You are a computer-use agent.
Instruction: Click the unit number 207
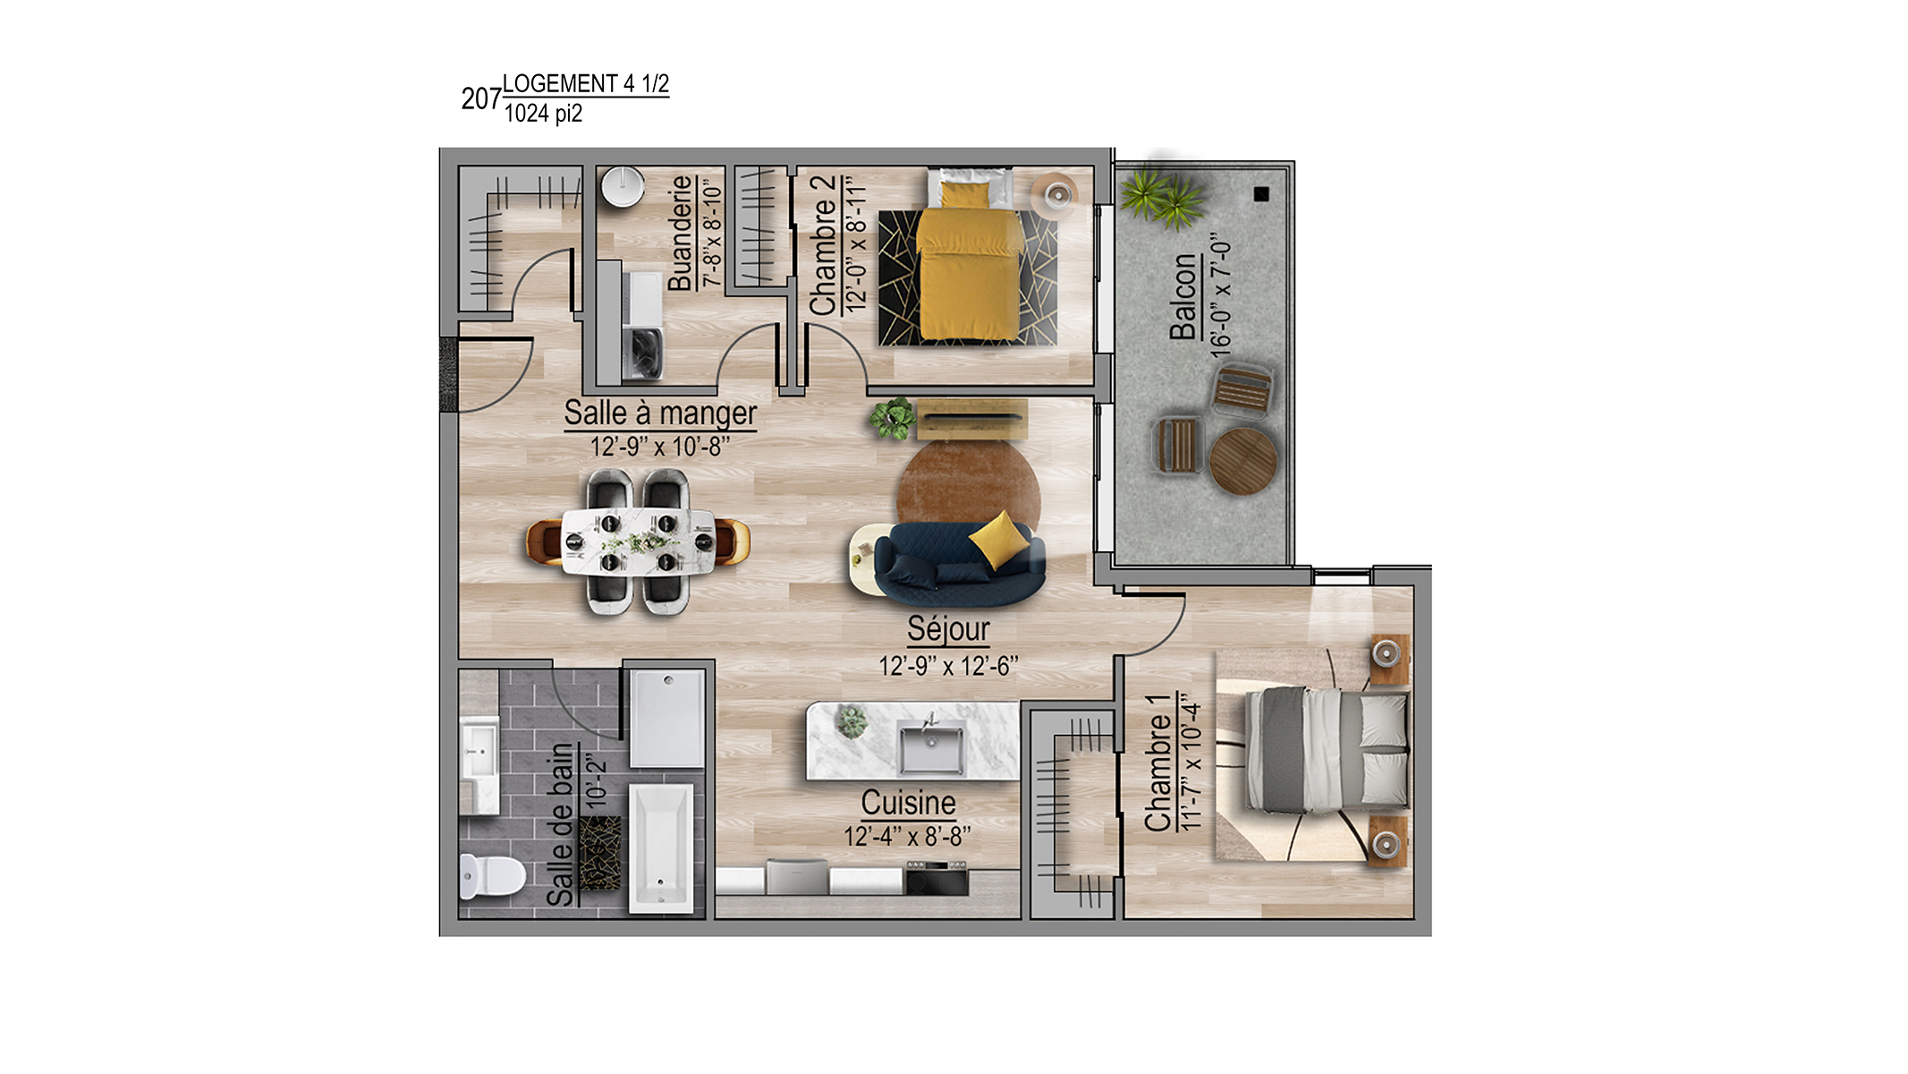pyautogui.click(x=481, y=98)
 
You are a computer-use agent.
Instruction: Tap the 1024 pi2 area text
pyautogui.click(x=543, y=114)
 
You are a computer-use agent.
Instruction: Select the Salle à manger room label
pyautogui.click(x=660, y=413)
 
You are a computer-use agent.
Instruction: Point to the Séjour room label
pyautogui.click(x=948, y=628)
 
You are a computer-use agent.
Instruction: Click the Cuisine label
pyautogui.click(x=908, y=803)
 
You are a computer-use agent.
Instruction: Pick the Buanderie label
pyautogui.click(x=681, y=233)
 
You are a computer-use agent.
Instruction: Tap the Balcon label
pyautogui.click(x=1183, y=296)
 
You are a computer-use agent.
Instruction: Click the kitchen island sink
pyautogui.click(x=931, y=748)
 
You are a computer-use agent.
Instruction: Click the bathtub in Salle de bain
pyautogui.click(x=661, y=848)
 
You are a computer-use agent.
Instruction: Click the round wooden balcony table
pyautogui.click(x=1242, y=461)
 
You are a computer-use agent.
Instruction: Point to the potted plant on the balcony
pyautogui.click(x=1160, y=199)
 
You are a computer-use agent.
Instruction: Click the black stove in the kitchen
pyautogui.click(x=937, y=878)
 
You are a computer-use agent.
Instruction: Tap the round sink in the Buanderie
pyautogui.click(x=623, y=186)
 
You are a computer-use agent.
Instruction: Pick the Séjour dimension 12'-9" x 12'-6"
pyautogui.click(x=948, y=667)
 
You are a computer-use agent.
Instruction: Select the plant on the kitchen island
pyautogui.click(x=852, y=721)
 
